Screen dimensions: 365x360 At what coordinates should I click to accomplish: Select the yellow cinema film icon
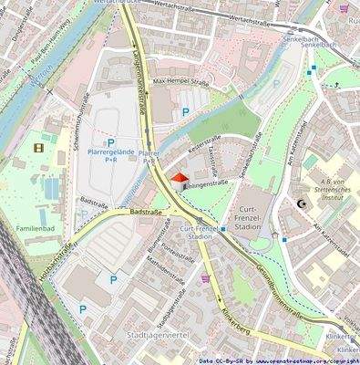tap(38, 146)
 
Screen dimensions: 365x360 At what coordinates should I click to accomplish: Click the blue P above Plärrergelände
tap(111, 143)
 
